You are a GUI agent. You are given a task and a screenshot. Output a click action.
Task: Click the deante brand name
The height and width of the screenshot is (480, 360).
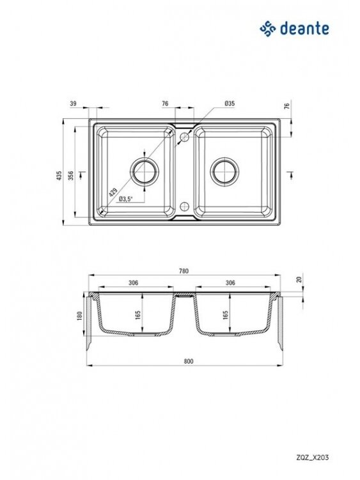[x=304, y=29]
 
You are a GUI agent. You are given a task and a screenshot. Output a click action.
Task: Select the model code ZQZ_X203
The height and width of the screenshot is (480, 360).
[x=313, y=458]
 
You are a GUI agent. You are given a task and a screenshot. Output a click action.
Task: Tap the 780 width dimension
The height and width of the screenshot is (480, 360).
[x=184, y=271]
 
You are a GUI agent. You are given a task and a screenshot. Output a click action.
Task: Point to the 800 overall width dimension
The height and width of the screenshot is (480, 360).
[x=189, y=361]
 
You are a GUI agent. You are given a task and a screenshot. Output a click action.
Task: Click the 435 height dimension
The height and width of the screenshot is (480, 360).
[x=59, y=175]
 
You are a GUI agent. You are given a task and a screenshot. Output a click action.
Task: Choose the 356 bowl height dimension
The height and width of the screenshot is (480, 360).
[x=71, y=175]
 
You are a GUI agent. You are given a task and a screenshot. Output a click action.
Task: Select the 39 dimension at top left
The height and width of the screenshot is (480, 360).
[x=73, y=104]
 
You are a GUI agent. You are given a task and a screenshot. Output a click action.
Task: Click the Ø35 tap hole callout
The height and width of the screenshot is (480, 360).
[x=230, y=104]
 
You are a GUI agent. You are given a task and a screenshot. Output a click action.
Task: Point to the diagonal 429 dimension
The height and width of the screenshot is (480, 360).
[x=113, y=192]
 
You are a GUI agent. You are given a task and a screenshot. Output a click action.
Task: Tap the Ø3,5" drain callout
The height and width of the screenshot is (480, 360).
[x=125, y=199]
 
